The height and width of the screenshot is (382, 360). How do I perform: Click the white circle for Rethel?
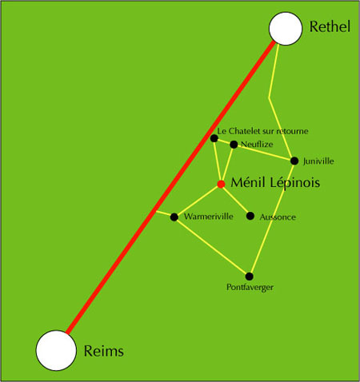286,29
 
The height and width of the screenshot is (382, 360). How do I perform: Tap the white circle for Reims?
56,350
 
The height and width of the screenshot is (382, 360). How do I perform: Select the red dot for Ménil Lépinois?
221,184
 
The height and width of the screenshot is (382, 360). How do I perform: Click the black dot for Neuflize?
234,145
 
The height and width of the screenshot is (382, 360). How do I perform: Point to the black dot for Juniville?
294,161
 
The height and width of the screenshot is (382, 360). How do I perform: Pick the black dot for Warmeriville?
174,217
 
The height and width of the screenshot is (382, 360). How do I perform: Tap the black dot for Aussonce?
250,216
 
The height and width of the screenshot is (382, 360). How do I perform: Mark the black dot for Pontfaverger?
249,277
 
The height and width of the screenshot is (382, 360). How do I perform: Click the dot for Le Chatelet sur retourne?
214,138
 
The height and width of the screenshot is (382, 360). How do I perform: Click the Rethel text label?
330,26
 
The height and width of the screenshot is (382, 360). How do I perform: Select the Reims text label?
104,351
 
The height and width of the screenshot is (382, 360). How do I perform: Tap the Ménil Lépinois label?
275,183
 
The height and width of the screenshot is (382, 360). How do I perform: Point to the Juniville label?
318,161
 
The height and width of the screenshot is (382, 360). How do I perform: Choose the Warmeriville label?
209,217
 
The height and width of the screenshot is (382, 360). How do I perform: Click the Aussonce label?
278,217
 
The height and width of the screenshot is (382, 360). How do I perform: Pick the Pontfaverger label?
250,288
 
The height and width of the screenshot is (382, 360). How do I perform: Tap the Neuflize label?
257,145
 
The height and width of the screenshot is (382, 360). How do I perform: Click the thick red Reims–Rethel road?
170,187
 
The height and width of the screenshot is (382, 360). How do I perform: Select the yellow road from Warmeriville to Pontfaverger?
211,247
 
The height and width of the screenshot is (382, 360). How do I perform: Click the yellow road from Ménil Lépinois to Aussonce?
235,200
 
